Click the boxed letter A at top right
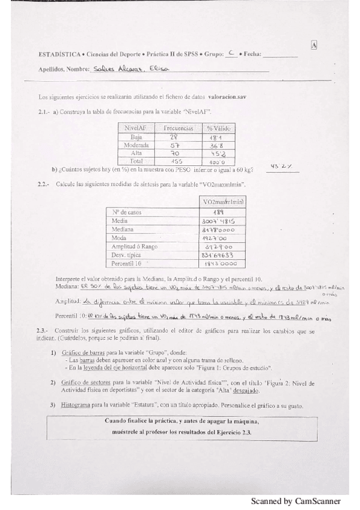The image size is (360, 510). [314, 45]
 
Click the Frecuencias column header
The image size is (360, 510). [178, 128]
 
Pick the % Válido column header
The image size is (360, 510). [218, 128]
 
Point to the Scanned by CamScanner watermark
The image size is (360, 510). [296, 501]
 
